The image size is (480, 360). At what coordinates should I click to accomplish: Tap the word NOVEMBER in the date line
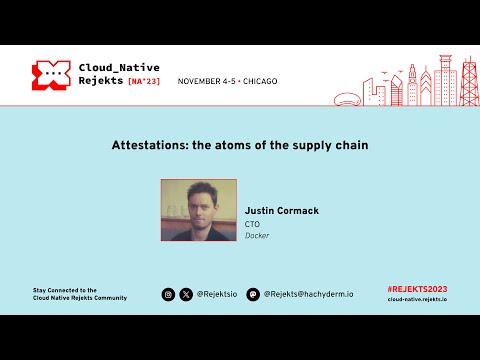click(200, 80)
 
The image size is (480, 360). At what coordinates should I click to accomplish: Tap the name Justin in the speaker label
click(261, 211)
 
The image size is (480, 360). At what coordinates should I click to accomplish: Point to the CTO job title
click(252, 224)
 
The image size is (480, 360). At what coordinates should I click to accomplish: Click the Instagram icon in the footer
click(169, 294)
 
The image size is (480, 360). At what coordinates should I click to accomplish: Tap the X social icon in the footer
click(185, 294)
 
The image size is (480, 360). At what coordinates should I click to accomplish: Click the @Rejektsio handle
click(217, 294)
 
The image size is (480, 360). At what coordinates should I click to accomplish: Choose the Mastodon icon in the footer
click(253, 294)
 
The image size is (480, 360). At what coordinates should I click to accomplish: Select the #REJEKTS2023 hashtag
click(416, 289)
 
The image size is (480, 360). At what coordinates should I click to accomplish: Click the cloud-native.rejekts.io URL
click(416, 299)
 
